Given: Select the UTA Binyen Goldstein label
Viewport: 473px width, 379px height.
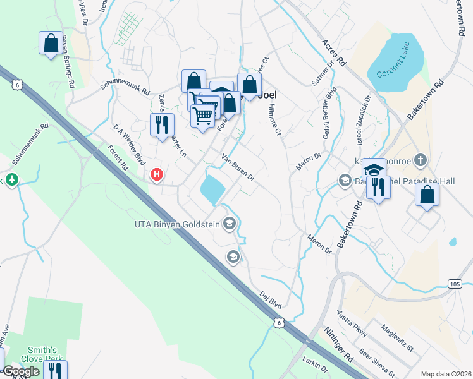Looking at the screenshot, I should (x=178, y=224).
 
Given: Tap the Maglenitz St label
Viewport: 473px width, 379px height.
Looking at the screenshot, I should (x=396, y=338).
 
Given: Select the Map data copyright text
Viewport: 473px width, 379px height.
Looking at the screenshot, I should (x=446, y=374).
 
